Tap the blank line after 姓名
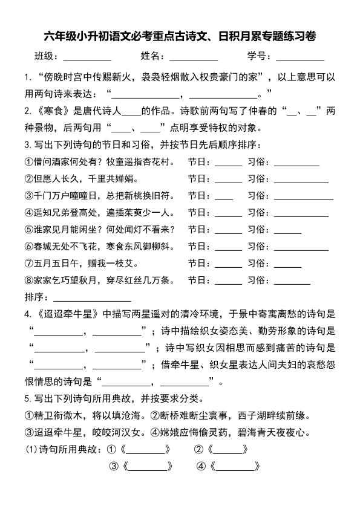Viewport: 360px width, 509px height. point(193,58)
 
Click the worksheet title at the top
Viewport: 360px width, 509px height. point(180,36)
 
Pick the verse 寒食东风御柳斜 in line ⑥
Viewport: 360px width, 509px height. point(140,247)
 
